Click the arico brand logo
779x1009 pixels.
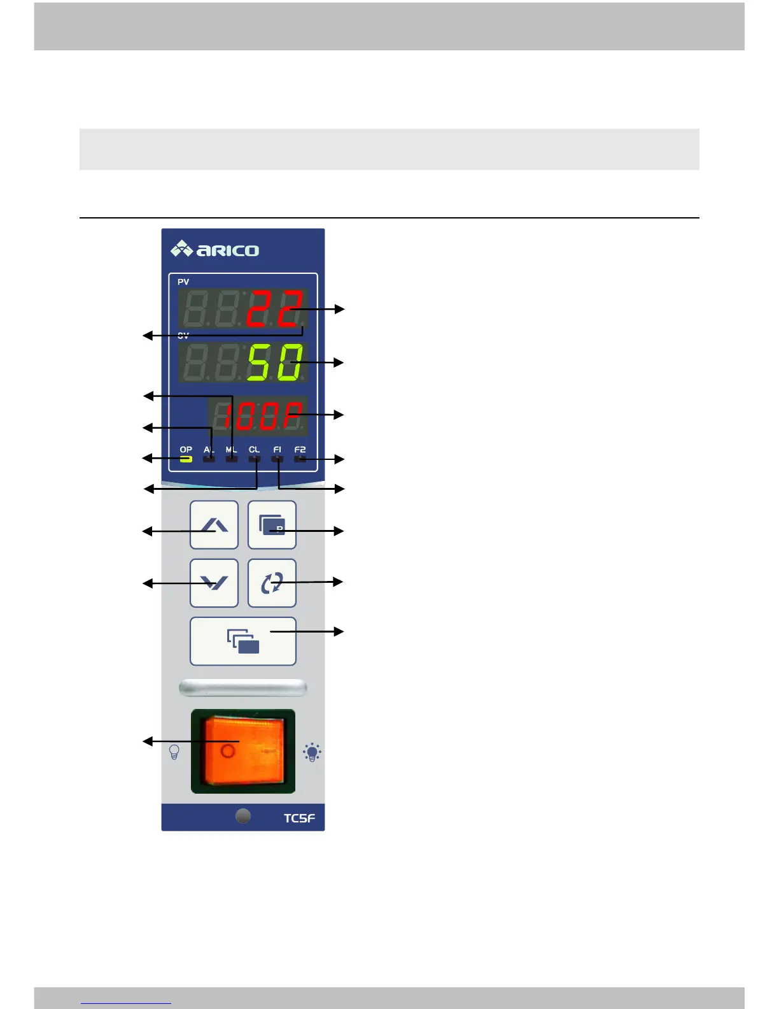(x=214, y=249)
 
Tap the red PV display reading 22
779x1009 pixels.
(x=274, y=308)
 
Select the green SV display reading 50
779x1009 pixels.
(x=274, y=362)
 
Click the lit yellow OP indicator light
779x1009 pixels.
(x=186, y=459)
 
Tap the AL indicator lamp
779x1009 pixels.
(x=209, y=459)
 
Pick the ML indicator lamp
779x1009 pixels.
(x=232, y=459)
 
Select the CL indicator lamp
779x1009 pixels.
(x=255, y=459)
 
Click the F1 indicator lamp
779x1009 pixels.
(x=277, y=459)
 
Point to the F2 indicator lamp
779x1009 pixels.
(x=300, y=459)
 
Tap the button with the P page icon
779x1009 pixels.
(x=272, y=525)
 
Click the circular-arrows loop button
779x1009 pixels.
(x=272, y=583)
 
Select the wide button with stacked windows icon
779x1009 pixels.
(x=243, y=641)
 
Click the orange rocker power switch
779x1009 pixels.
(x=243, y=750)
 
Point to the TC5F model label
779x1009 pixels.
(x=299, y=818)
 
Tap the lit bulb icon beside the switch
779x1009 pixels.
(x=312, y=752)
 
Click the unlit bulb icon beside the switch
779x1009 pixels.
(x=174, y=752)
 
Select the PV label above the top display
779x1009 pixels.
(x=183, y=282)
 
